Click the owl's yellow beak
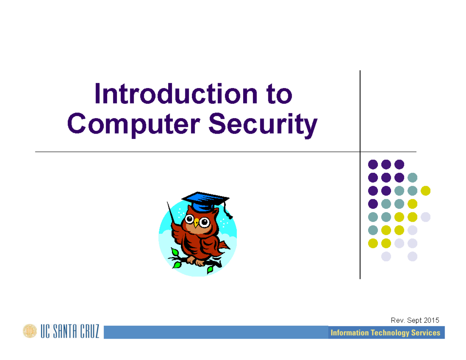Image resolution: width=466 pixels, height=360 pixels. pyautogui.click(x=196, y=223)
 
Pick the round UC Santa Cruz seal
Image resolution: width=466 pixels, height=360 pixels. pyautogui.click(x=30, y=331)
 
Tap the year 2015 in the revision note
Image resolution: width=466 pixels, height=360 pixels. pyautogui.click(x=431, y=320)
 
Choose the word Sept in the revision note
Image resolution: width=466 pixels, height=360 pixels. pyautogui.click(x=414, y=320)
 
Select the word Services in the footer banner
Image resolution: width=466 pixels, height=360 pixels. pyautogui.click(x=426, y=333)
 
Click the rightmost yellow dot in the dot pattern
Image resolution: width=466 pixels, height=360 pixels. pyautogui.click(x=426, y=191)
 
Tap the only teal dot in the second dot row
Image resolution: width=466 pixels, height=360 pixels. pyautogui.click(x=412, y=177)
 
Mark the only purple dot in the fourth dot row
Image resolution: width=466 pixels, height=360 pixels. pyautogui.click(x=373, y=203)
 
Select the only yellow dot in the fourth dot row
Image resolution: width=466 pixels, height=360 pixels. pyautogui.click(x=412, y=203)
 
